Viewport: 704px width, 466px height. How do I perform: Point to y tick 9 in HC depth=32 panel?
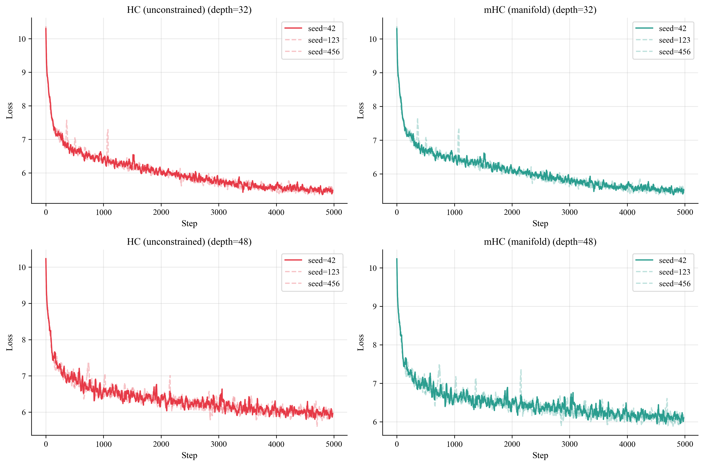pyautogui.click(x=24, y=72)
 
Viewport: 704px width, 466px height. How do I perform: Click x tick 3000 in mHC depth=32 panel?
pyautogui.click(x=569, y=212)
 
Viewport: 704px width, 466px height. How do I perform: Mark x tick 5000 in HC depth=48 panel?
pyautogui.click(x=334, y=444)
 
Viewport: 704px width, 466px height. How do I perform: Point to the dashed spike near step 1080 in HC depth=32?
pyautogui.click(x=108, y=131)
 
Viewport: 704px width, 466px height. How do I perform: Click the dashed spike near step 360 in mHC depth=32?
pyautogui.click(x=417, y=119)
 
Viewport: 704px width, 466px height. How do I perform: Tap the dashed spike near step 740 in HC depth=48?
pyautogui.click(x=88, y=364)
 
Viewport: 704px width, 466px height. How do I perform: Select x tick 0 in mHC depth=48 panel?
pyautogui.click(x=397, y=444)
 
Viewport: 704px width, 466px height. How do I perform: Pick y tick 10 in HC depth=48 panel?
pyautogui.click(x=22, y=267)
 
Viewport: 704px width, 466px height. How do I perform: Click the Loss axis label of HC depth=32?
pyautogui.click(x=9, y=111)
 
